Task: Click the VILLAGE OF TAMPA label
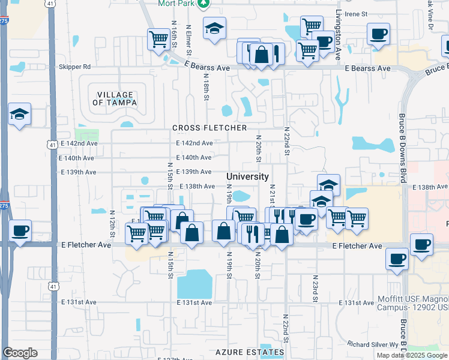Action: [x=114, y=98]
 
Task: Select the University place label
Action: [x=248, y=176]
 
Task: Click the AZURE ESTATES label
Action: [x=250, y=352]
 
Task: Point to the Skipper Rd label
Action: [x=75, y=67]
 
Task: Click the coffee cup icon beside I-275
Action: [x=20, y=231]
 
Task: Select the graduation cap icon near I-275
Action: [x=19, y=114]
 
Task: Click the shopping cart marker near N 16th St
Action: [x=158, y=40]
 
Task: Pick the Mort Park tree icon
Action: [x=204, y=4]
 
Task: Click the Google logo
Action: [x=20, y=353]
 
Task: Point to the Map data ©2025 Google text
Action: [x=412, y=355]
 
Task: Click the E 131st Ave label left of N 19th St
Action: [x=194, y=303]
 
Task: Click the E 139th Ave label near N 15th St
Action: [x=79, y=172]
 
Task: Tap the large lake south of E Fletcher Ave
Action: [x=194, y=283]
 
